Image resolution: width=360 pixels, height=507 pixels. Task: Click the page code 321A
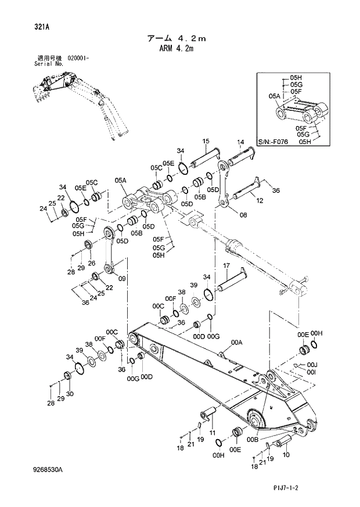click(42, 26)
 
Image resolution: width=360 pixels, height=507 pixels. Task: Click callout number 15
click(206, 141)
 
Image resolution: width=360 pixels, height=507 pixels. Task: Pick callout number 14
click(240, 142)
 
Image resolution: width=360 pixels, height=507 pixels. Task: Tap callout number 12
click(260, 200)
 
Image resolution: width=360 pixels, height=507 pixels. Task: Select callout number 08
click(243, 215)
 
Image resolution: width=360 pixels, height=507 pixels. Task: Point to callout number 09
click(122, 279)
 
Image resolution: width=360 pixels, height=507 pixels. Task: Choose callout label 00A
click(236, 343)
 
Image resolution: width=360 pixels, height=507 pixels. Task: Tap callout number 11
click(212, 433)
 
